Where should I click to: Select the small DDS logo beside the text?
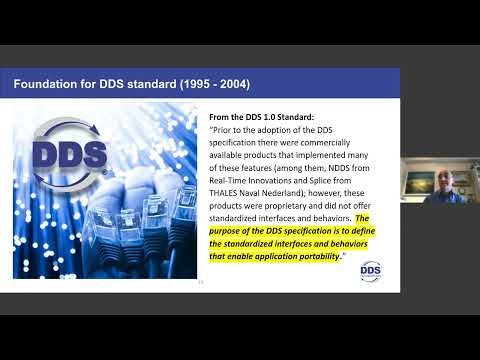point(371,269)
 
